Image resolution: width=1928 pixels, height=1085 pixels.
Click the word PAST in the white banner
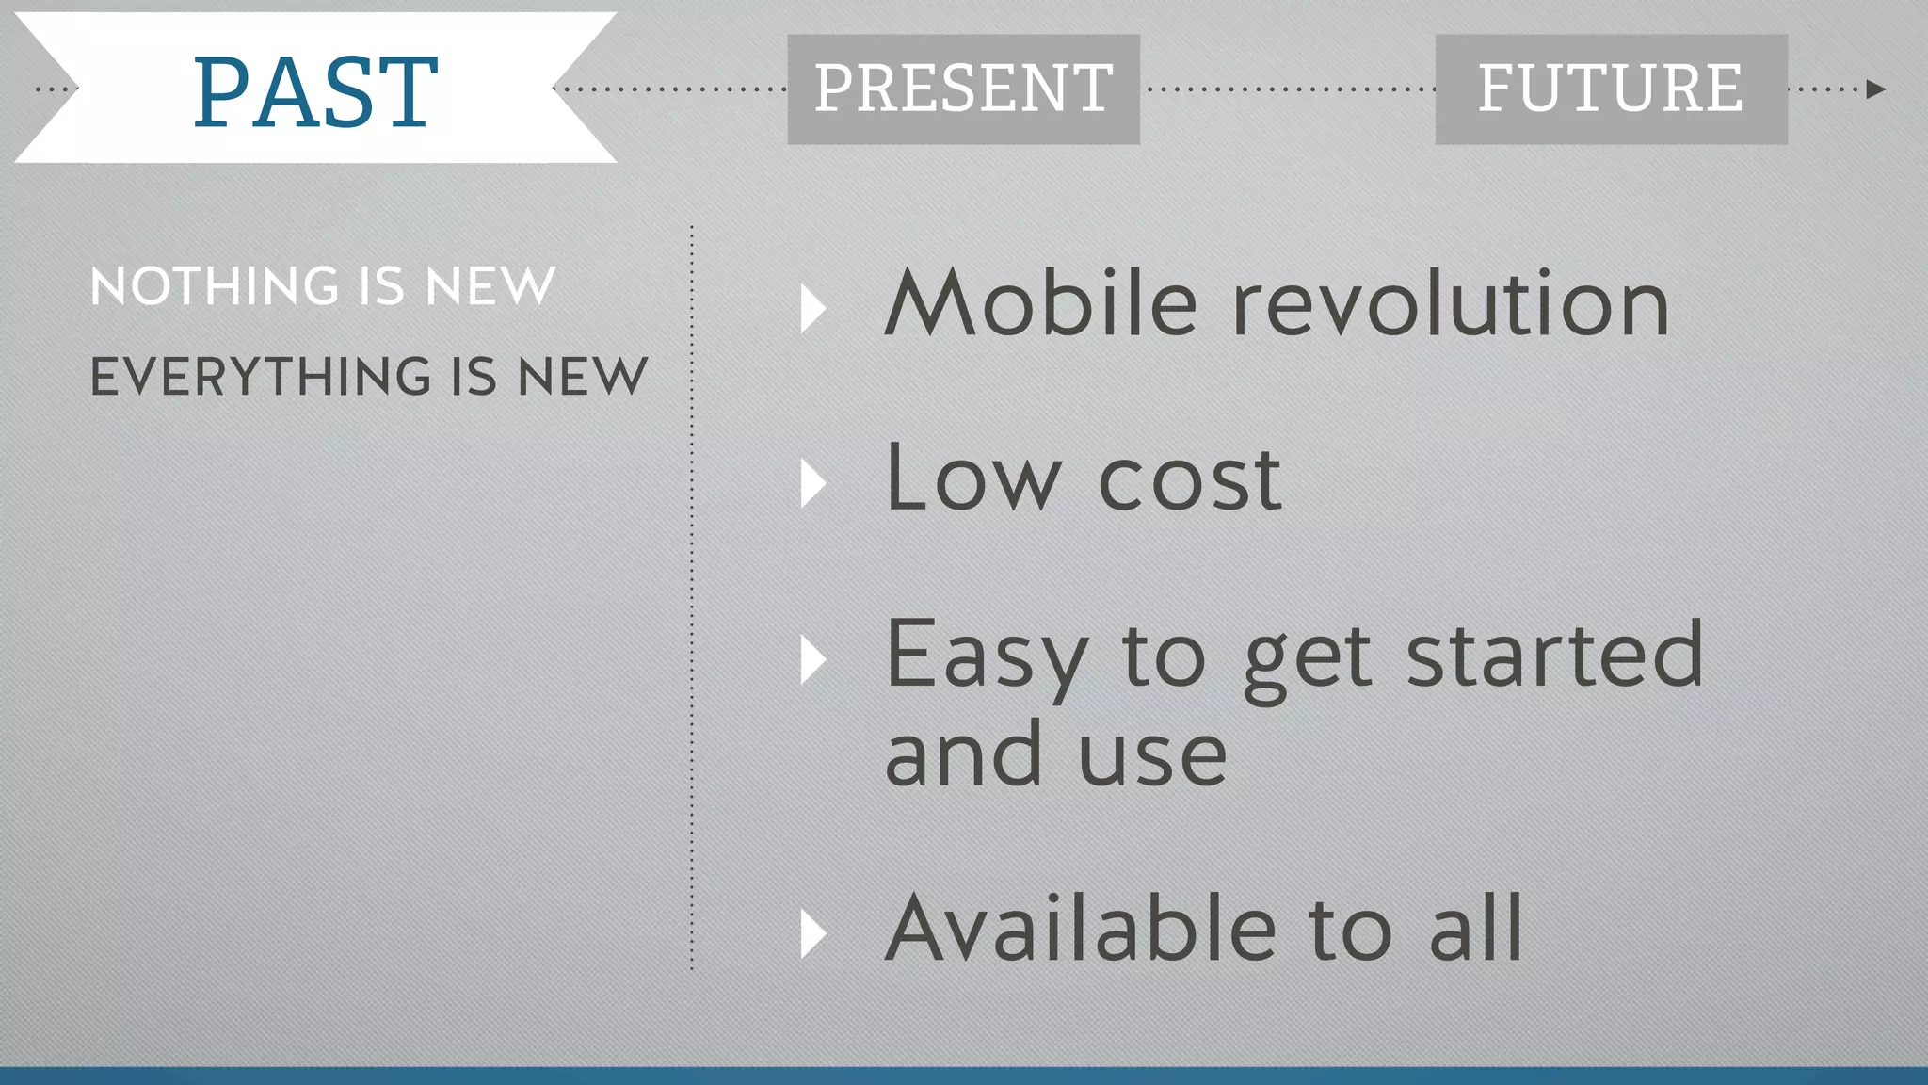tap(315, 91)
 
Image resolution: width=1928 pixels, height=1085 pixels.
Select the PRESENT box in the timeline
tap(963, 89)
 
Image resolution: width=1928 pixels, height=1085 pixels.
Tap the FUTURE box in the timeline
tap(1610, 89)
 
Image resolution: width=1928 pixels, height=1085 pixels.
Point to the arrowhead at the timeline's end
tap(1875, 89)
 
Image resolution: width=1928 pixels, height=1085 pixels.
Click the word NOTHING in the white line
tap(215, 286)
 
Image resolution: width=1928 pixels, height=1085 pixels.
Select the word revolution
tap(1451, 303)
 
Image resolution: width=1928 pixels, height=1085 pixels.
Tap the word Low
tap(973, 478)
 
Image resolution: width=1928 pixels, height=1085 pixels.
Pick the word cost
tap(1190, 480)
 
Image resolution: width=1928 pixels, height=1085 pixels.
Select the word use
tap(1152, 755)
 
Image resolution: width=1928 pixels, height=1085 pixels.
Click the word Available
tap(1081, 929)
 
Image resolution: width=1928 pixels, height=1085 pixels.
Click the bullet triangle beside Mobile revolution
tap(812, 309)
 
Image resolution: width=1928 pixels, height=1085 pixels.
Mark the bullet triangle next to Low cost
tap(812, 484)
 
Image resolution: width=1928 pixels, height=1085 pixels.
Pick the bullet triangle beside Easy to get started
tap(812, 659)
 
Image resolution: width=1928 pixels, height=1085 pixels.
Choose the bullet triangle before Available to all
tap(812, 934)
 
